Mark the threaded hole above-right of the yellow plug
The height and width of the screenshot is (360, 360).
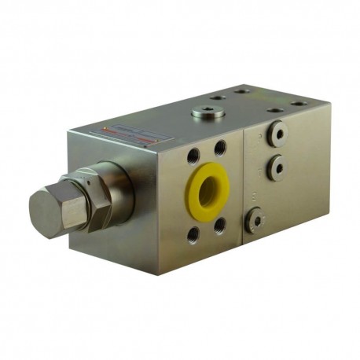point(221,147)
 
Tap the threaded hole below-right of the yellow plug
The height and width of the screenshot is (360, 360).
point(220,226)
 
